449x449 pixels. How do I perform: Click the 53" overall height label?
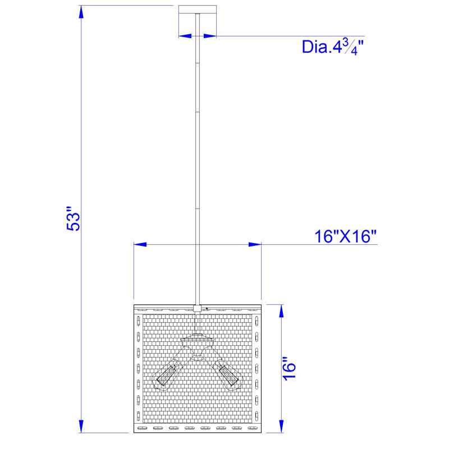(x=74, y=218)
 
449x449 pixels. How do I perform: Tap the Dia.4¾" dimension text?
(x=332, y=47)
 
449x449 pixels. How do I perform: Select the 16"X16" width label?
(x=345, y=236)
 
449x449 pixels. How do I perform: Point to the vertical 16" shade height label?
(x=289, y=369)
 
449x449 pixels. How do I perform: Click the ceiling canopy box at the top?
(x=198, y=9)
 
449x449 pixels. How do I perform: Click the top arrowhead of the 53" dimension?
(x=81, y=12)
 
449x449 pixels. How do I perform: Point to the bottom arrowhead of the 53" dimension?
(x=81, y=427)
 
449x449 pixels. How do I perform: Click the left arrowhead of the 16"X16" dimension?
(x=140, y=245)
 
